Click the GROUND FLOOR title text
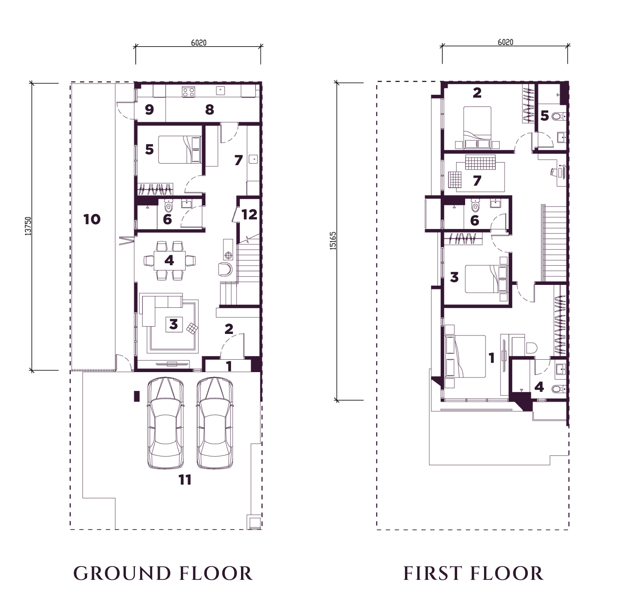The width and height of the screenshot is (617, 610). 163,573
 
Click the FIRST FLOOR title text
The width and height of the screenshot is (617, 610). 474,573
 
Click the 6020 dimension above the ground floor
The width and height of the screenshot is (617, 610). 199,42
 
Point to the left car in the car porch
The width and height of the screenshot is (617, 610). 165,423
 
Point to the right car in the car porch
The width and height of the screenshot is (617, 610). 215,423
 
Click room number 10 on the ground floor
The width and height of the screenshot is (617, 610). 92,219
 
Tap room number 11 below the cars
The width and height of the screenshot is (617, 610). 185,480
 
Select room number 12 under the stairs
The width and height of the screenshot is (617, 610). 249,214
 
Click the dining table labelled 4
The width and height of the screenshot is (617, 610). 169,261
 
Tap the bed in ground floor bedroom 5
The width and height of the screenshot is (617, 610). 179,149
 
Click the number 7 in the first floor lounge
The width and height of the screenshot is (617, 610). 477,181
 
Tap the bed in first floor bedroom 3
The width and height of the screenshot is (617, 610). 486,278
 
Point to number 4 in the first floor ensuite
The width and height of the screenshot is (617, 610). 539,387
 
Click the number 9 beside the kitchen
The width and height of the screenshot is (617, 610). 149,110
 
